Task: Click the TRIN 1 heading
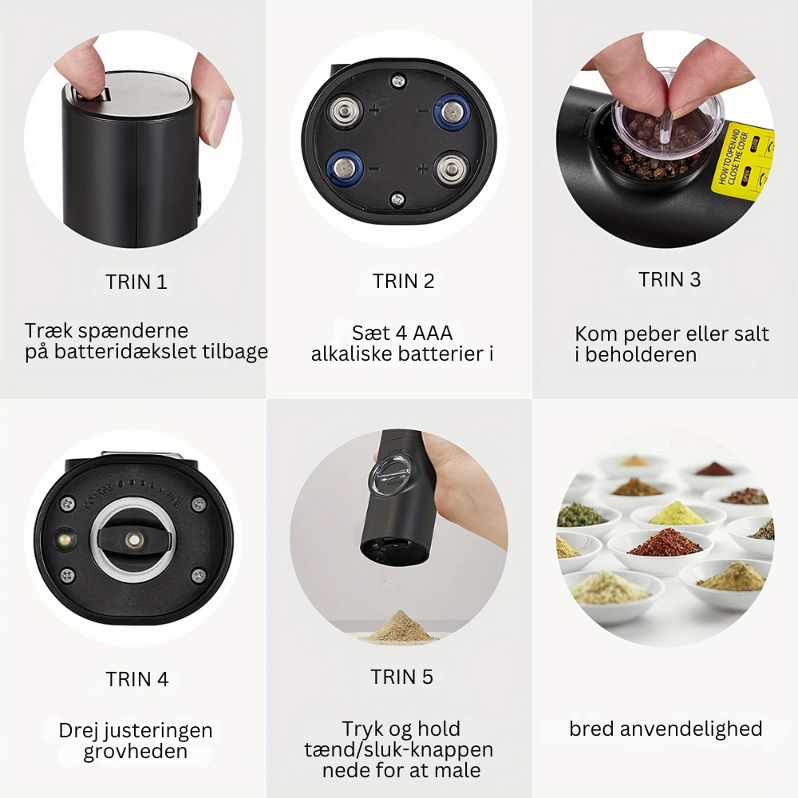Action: pos(136,282)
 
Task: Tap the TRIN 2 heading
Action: pos(403,281)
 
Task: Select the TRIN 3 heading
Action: pos(670,280)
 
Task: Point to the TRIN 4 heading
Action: pos(137,680)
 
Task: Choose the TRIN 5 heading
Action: pos(402,678)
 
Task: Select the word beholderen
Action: pos(641,355)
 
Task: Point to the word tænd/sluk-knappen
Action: pos(399,750)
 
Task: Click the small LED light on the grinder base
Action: pos(61,541)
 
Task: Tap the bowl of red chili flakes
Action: pos(664,543)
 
